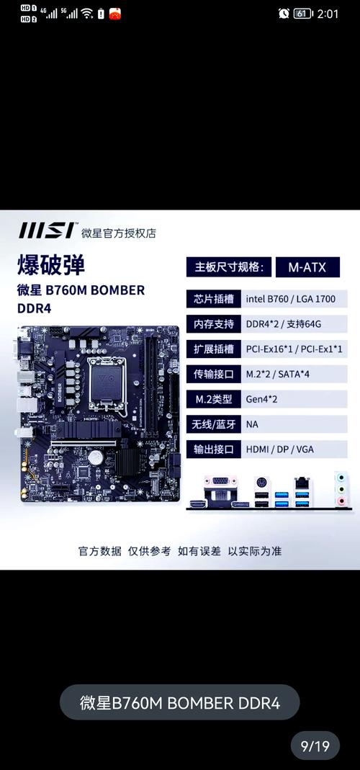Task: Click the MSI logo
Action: click(x=46, y=231)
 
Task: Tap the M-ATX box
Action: click(x=307, y=267)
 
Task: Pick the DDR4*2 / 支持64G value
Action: click(x=282, y=324)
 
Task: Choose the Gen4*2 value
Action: click(x=261, y=399)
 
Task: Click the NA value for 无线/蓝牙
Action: click(x=252, y=424)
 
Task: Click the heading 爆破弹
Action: click(x=51, y=264)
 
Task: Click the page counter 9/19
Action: click(x=315, y=746)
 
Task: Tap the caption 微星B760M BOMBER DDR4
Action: click(x=179, y=703)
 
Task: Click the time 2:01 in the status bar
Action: click(x=327, y=14)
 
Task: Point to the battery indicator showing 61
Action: click(x=302, y=14)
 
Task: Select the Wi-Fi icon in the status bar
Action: click(x=87, y=14)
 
